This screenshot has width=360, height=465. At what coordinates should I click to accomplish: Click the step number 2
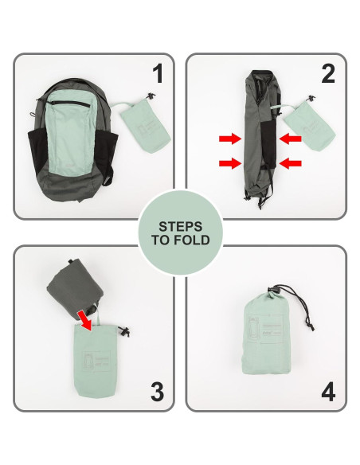click(327, 73)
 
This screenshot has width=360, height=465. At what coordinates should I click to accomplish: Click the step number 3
click(157, 391)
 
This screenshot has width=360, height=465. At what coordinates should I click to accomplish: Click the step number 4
click(327, 392)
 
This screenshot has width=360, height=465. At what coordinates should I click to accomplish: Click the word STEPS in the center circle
click(180, 225)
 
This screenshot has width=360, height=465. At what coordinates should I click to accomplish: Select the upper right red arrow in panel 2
click(291, 139)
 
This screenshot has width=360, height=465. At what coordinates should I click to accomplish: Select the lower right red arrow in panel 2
click(291, 164)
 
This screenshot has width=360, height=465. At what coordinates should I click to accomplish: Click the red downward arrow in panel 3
click(84, 319)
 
